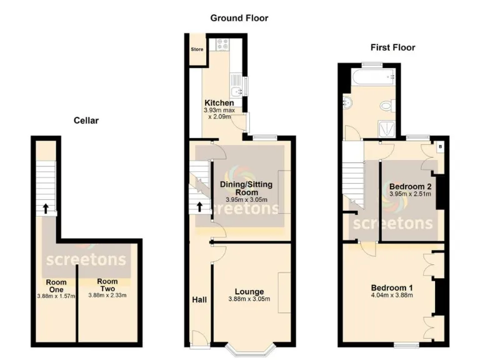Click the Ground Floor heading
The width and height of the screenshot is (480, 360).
click(x=239, y=18)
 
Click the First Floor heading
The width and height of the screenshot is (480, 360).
click(x=392, y=47)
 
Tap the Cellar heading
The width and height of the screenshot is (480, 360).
click(x=86, y=121)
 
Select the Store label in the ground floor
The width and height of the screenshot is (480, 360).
click(x=197, y=49)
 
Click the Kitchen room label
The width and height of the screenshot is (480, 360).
click(x=219, y=103)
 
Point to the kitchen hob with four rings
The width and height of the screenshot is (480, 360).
click(x=223, y=45)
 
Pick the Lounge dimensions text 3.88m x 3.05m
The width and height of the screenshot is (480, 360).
click(x=249, y=300)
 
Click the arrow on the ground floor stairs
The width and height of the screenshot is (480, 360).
click(x=199, y=207)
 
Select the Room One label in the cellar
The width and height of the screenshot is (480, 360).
click(x=56, y=285)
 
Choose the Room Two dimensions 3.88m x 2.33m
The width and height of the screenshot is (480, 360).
click(x=107, y=295)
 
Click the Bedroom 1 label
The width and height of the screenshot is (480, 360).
click(x=392, y=287)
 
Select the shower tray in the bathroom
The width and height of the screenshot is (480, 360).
click(x=387, y=127)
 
